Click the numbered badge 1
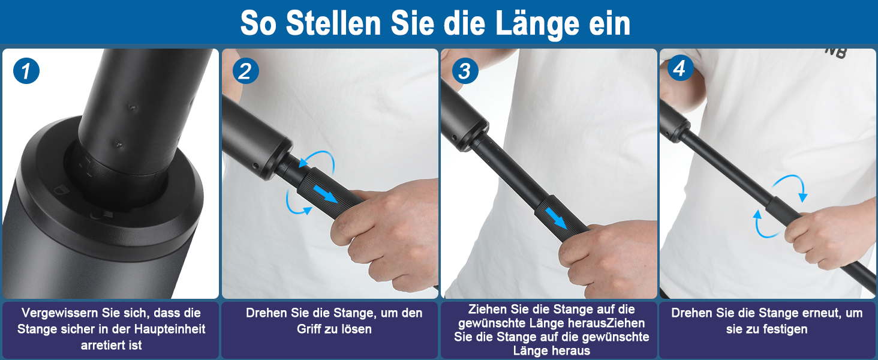click(x=26, y=71)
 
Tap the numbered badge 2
click(x=245, y=71)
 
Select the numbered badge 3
click(x=465, y=71)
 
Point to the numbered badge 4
click(x=681, y=68)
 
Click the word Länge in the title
click(x=537, y=23)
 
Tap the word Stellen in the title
click(x=333, y=23)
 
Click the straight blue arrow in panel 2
click(x=325, y=194)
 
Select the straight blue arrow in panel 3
click(x=556, y=218)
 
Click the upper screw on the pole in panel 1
click(x=133, y=107)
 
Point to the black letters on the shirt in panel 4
click(x=836, y=52)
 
